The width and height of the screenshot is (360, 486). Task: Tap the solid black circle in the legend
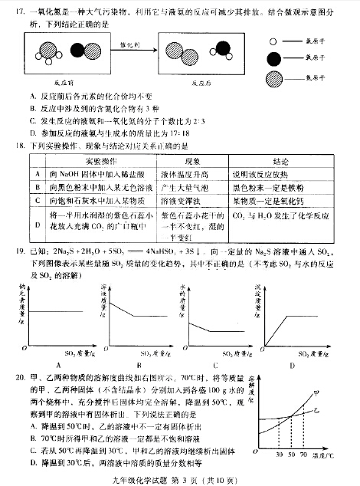pos(273,59)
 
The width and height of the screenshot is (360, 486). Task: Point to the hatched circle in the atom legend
pos(273,79)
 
